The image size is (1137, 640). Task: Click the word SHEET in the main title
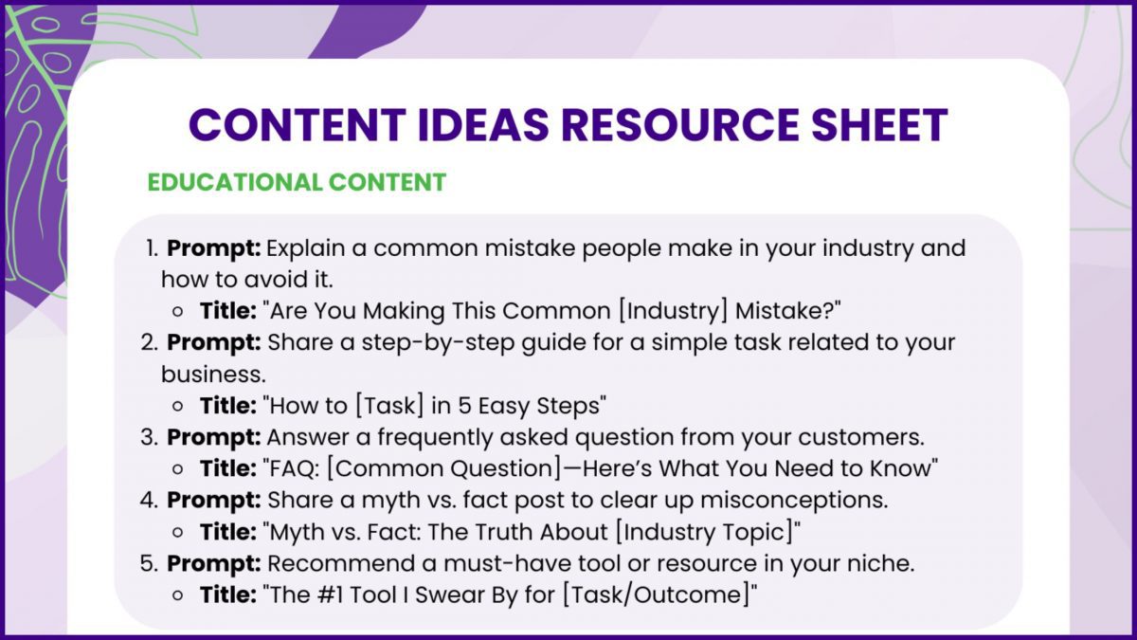click(x=879, y=124)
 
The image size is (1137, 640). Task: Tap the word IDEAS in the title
click(x=482, y=124)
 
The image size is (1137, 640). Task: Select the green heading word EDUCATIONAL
click(x=235, y=182)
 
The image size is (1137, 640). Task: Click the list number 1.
click(x=153, y=247)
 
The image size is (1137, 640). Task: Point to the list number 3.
click(x=150, y=437)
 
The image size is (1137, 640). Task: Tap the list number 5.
click(x=150, y=563)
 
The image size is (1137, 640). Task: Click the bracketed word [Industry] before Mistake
click(x=673, y=311)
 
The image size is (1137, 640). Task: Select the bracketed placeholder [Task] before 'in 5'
click(x=389, y=406)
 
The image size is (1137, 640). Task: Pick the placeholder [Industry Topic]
click(x=705, y=532)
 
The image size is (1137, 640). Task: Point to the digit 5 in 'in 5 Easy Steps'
click(x=465, y=406)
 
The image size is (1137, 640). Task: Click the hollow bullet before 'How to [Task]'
click(x=178, y=407)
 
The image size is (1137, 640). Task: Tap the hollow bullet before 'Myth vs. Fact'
click(x=178, y=533)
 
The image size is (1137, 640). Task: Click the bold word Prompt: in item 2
click(x=214, y=343)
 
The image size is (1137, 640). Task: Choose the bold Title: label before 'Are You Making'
click(x=228, y=311)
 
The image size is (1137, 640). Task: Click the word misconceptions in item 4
click(x=794, y=501)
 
